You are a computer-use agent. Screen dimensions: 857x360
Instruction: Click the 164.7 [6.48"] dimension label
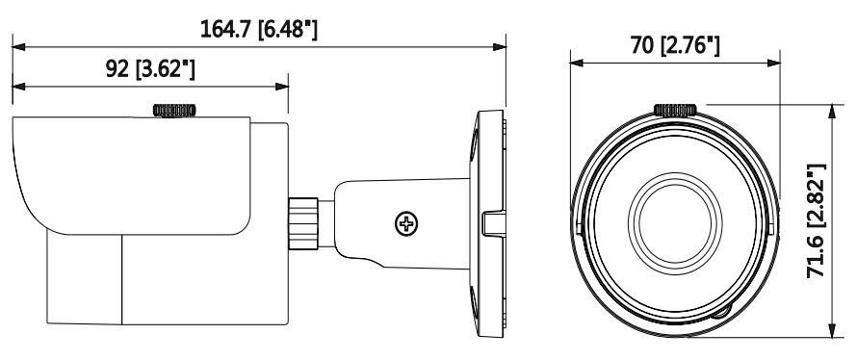click(x=258, y=29)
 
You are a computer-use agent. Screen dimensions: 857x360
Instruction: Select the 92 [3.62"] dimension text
click(x=150, y=69)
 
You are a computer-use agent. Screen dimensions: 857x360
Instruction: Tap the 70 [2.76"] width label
click(x=675, y=45)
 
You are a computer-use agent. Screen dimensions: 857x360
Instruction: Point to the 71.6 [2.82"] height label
click(x=817, y=220)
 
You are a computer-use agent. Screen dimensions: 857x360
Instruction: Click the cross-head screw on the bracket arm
click(x=406, y=224)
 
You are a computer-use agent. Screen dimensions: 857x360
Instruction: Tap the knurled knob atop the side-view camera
click(x=174, y=110)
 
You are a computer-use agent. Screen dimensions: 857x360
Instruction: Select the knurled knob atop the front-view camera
click(x=675, y=110)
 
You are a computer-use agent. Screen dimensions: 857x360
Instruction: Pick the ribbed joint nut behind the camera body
click(x=303, y=224)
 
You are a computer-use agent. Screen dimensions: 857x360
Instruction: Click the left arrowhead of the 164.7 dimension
click(x=18, y=47)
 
